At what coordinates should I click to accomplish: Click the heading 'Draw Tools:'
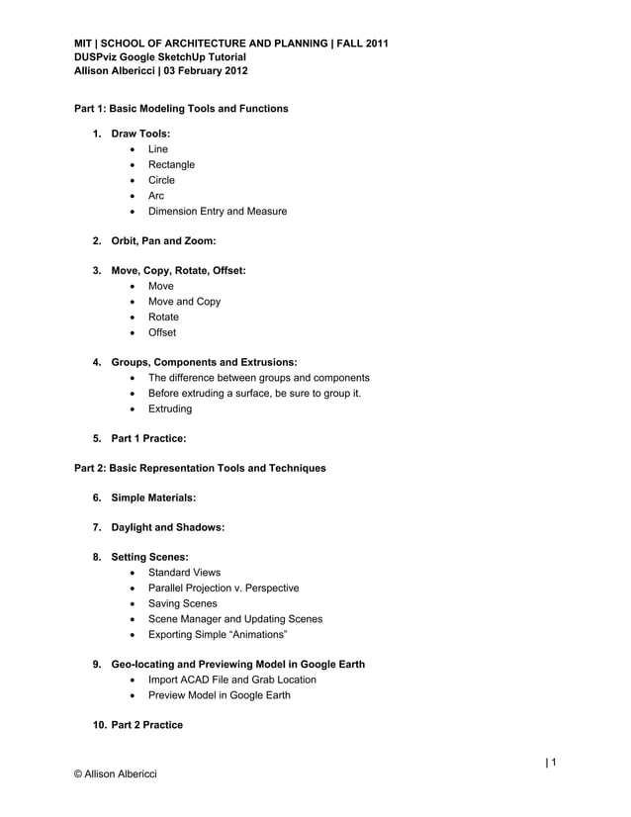point(140,133)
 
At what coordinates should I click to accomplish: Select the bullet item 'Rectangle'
point(171,164)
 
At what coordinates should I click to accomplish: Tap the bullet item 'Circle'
point(161,180)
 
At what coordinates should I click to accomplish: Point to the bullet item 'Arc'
point(156,196)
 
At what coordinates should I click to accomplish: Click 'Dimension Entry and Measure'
point(218,212)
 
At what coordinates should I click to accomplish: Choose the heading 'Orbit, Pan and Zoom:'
point(164,241)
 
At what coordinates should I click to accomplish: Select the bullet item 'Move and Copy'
point(184,302)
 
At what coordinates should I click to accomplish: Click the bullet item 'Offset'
point(162,333)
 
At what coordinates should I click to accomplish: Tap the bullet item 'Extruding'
point(170,408)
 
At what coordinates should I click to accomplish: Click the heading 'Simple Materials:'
point(153,498)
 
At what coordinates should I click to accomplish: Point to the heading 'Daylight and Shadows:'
point(168,527)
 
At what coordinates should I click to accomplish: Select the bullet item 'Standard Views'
point(184,573)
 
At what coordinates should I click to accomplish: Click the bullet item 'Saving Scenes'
point(182,603)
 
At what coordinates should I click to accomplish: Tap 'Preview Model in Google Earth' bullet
point(219,694)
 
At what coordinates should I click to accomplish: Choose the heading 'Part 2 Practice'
point(146,725)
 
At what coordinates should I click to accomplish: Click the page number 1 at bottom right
point(554,762)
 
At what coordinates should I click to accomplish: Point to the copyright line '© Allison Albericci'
point(117,772)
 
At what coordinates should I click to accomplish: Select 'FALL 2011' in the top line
point(362,44)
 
